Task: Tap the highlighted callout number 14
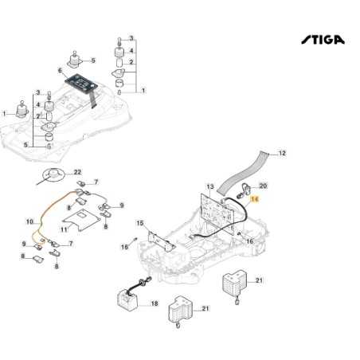pos(256,202)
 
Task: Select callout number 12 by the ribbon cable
pos(281,152)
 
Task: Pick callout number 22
pos(78,172)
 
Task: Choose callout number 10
pos(29,221)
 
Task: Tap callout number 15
pos(140,224)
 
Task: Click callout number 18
pos(154,304)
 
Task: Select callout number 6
pos(59,71)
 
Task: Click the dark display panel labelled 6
pos(82,84)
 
